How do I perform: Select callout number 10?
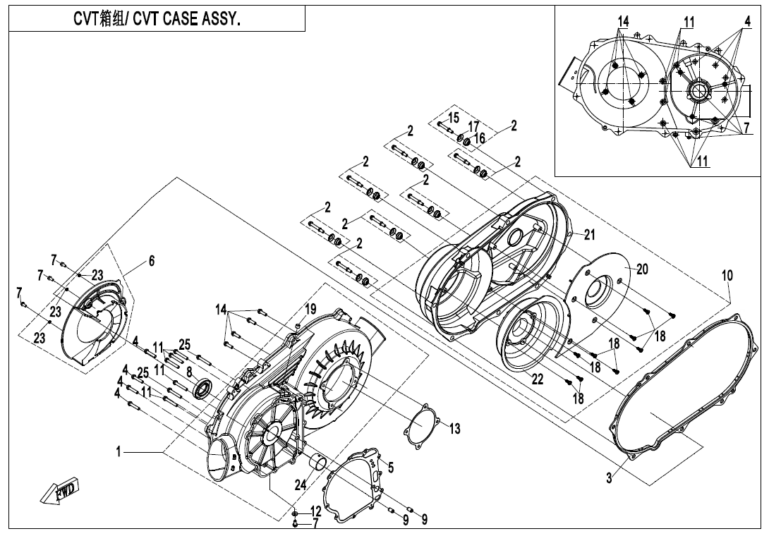727,275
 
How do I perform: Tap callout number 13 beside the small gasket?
455,428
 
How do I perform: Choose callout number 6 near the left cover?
150,260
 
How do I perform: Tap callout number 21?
590,234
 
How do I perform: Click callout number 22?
538,379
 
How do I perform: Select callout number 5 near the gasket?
391,466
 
